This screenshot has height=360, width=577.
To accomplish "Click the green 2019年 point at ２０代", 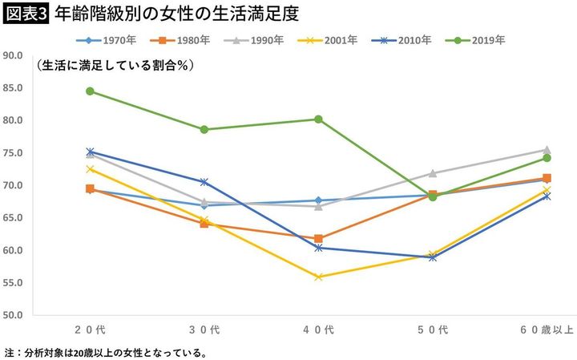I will [90, 91].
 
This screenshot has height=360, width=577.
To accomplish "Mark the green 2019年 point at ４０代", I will [318, 119].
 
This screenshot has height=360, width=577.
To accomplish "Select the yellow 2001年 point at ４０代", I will [318, 277].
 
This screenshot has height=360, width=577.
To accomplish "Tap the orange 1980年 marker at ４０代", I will [318, 238].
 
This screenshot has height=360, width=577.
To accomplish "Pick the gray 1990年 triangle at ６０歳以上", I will [547, 149].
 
